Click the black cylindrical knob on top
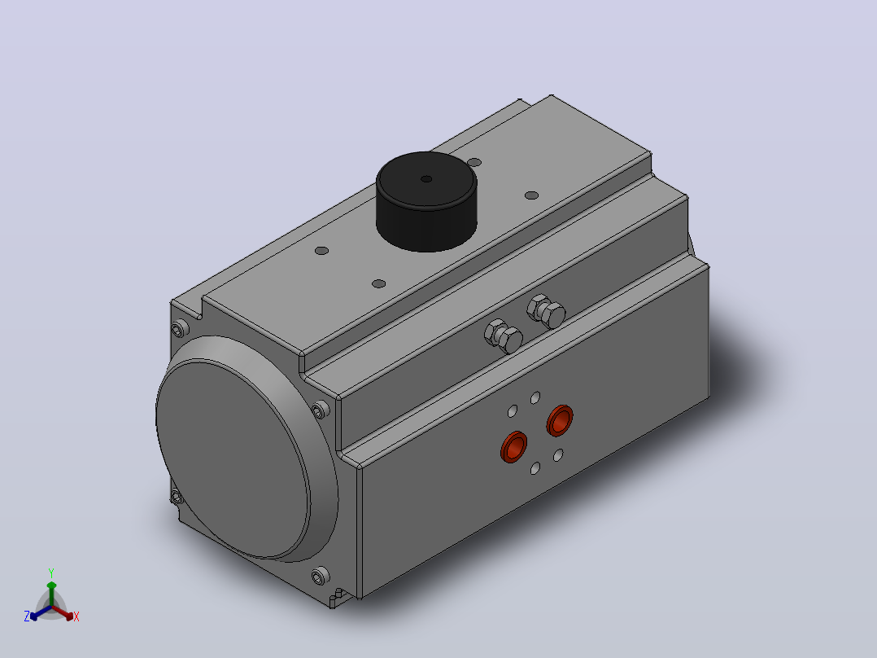tap(426, 202)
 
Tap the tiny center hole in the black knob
tap(426, 179)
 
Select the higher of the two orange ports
tap(560, 420)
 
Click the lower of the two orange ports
tap(514, 446)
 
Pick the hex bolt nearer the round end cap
tap(504, 336)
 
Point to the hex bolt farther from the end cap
tap(546, 311)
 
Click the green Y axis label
tap(51, 572)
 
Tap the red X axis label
tap(76, 616)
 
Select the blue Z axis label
tap(27, 616)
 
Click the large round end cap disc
tap(233, 460)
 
